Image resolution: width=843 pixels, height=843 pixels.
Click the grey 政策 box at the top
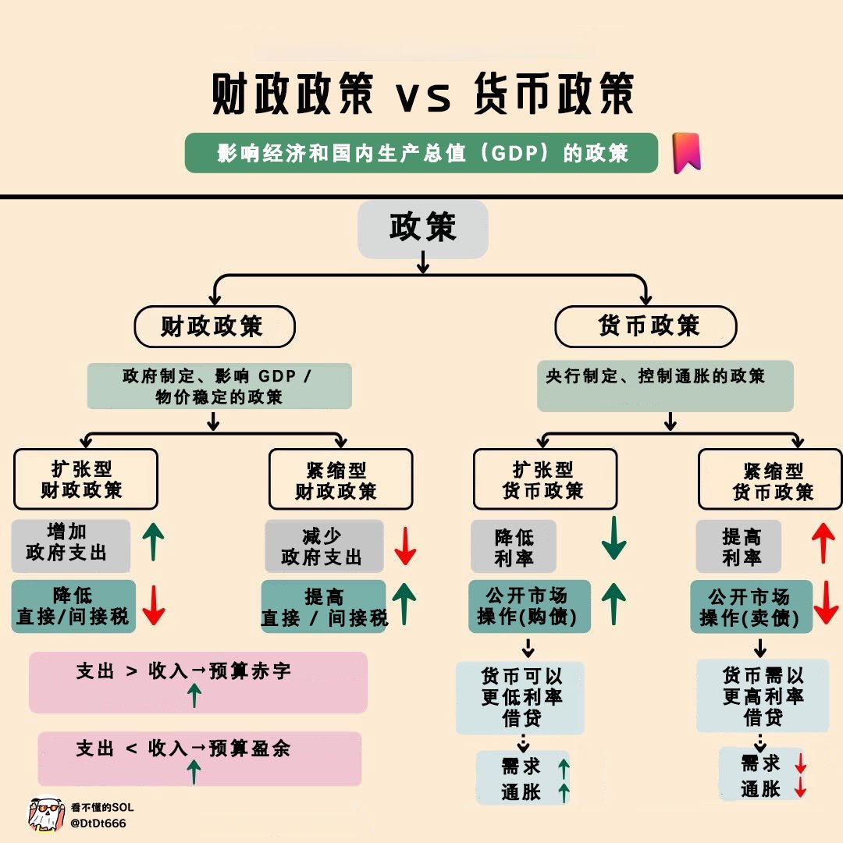pyautogui.click(x=422, y=228)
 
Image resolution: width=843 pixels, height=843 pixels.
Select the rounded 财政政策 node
pyautogui.click(x=215, y=326)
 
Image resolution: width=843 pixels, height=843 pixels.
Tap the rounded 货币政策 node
pyautogui.click(x=646, y=326)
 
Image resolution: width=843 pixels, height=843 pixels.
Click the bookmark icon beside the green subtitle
pyautogui.click(x=686, y=152)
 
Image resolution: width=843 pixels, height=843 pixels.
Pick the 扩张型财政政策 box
pyautogui.click(x=85, y=479)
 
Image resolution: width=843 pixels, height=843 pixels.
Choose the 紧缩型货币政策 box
pyautogui.click(x=770, y=479)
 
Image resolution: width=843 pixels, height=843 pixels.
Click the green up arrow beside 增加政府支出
pyautogui.click(x=154, y=542)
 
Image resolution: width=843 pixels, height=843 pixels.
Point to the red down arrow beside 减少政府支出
pyautogui.click(x=405, y=546)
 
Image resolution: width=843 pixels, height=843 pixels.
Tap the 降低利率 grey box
pyautogui.click(x=513, y=547)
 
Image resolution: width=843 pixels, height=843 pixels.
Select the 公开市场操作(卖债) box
pyautogui.click(x=751, y=607)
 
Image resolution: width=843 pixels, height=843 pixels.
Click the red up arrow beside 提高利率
pyautogui.click(x=823, y=543)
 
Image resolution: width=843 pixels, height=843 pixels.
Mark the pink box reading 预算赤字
pyautogui.click(x=197, y=681)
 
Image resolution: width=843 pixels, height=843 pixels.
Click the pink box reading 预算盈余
pyautogui.click(x=199, y=758)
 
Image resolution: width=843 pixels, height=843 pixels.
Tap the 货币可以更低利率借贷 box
pyautogui.click(x=520, y=697)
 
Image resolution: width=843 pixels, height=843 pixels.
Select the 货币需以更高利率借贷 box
pyautogui.click(x=762, y=695)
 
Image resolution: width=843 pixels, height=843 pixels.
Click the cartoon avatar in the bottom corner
pyautogui.click(x=45, y=813)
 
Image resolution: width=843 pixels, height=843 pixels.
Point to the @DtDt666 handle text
pyautogui.click(x=98, y=823)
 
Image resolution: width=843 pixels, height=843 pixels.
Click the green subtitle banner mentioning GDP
pyautogui.click(x=421, y=153)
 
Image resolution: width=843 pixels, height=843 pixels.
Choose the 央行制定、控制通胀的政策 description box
pyautogui.click(x=665, y=385)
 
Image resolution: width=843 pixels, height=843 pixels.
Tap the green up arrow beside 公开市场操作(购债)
pyautogui.click(x=614, y=603)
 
